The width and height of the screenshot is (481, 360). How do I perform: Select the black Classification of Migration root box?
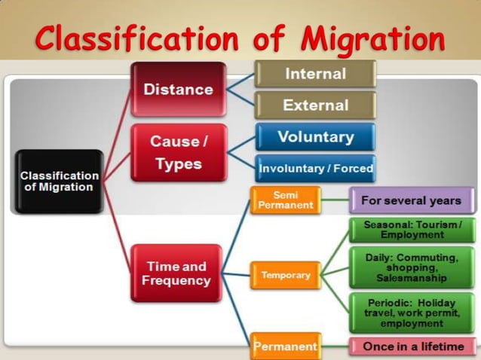tap(60, 181)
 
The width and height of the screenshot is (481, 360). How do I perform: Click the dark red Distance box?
tap(178, 89)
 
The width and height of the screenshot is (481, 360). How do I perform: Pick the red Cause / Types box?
tap(178, 152)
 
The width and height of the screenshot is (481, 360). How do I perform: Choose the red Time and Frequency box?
tap(176, 273)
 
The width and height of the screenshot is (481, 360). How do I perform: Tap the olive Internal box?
tap(315, 74)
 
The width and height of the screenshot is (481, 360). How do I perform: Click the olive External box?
tap(315, 105)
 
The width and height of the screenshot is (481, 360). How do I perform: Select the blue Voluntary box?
tap(315, 137)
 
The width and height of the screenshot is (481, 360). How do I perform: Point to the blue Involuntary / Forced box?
tap(315, 169)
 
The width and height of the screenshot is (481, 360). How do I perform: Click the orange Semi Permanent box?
tap(285, 200)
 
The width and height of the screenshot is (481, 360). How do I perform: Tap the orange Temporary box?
tap(286, 275)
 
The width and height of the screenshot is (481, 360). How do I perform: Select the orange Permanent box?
tap(285, 346)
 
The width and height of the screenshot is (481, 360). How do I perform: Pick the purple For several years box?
tap(410, 200)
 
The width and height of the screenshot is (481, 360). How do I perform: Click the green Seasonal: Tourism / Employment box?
tap(412, 230)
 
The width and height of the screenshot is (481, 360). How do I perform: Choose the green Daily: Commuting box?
tap(412, 267)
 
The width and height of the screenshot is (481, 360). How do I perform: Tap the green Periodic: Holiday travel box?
tap(412, 311)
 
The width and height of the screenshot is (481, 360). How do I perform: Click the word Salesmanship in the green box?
tap(412, 278)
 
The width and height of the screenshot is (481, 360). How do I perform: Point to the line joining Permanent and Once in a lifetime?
tap(333, 346)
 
